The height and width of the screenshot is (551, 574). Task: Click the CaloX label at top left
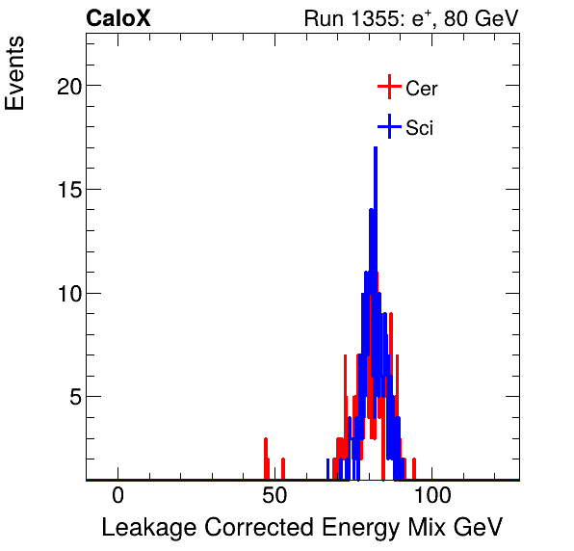pyautogui.click(x=117, y=18)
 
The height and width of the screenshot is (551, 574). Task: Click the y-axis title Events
pyautogui.click(x=15, y=76)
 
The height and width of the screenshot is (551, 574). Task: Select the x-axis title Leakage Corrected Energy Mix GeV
pyautogui.click(x=302, y=527)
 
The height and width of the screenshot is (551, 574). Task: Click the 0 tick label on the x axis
pyautogui.click(x=117, y=496)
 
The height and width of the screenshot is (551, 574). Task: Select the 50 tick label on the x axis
pyautogui.click(x=274, y=496)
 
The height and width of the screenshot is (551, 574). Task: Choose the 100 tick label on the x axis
pyautogui.click(x=432, y=496)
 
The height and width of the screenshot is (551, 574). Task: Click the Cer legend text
pyautogui.click(x=422, y=89)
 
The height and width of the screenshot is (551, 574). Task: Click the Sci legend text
pyautogui.click(x=419, y=128)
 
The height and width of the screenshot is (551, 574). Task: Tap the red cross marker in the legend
pyautogui.click(x=388, y=88)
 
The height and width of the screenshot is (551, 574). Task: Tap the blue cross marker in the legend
pyautogui.click(x=388, y=127)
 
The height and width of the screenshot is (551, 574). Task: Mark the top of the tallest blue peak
pyautogui.click(x=376, y=147)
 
